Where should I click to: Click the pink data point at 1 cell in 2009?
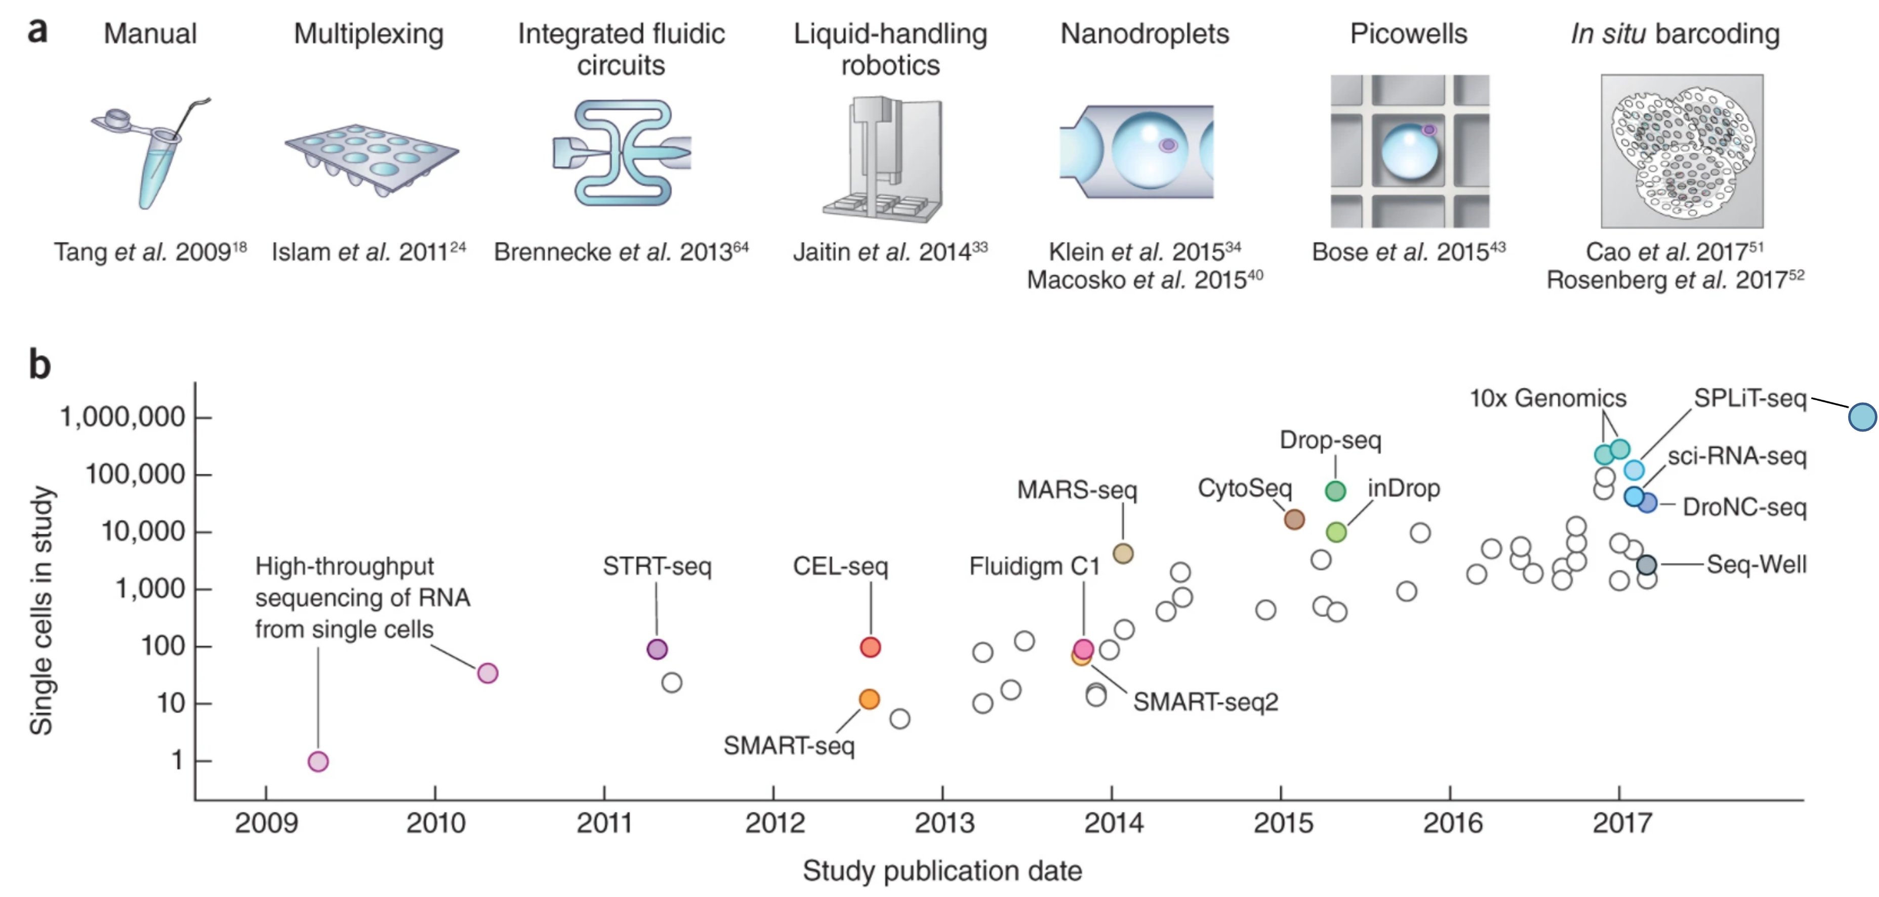pyautogui.click(x=318, y=761)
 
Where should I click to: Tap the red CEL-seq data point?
pyautogui.click(x=870, y=647)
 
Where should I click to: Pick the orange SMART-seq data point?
pyautogui.click(x=870, y=699)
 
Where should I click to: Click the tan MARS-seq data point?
pyautogui.click(x=1123, y=553)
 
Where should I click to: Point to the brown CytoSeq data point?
pyautogui.click(x=1294, y=519)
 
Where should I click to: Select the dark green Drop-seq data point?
pyautogui.click(x=1335, y=491)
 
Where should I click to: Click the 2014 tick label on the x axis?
pyautogui.click(x=1113, y=823)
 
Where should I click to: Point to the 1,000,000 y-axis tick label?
pyautogui.click(x=122, y=417)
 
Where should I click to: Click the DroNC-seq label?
pyautogui.click(x=1745, y=507)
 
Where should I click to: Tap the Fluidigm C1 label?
pyautogui.click(x=1034, y=567)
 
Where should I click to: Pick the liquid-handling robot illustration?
pyautogui.click(x=883, y=160)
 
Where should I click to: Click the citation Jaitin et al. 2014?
pyautogui.click(x=890, y=251)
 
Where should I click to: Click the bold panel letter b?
pyautogui.click(x=39, y=365)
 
